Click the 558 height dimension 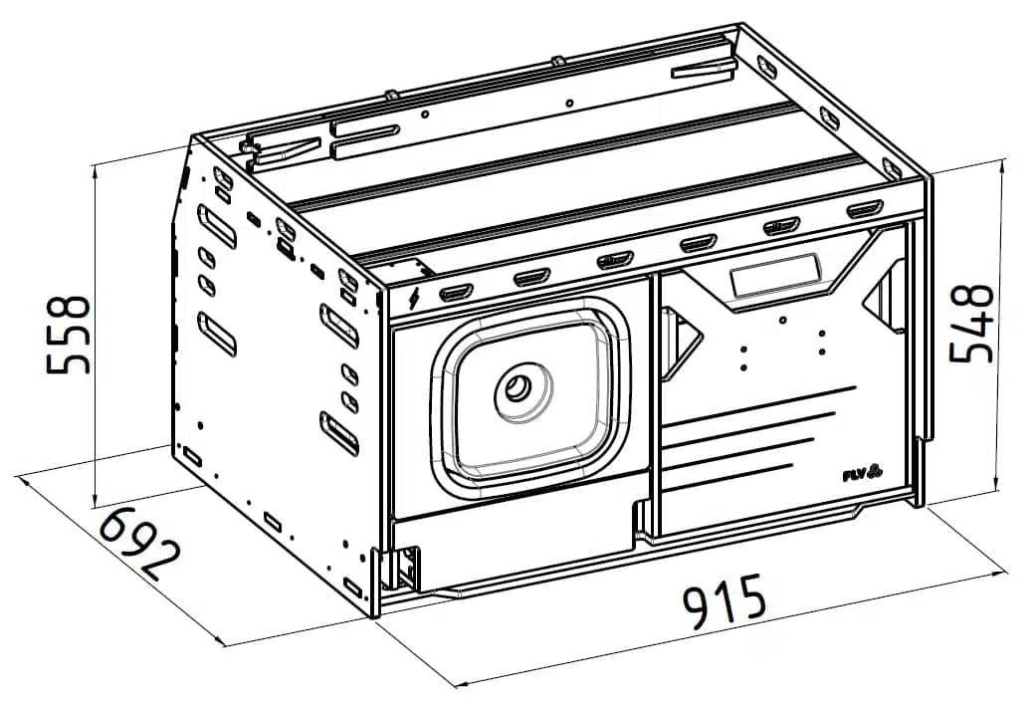68,335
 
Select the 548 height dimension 971,323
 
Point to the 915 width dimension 724,599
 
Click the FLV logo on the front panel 863,472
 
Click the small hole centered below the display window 782,320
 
